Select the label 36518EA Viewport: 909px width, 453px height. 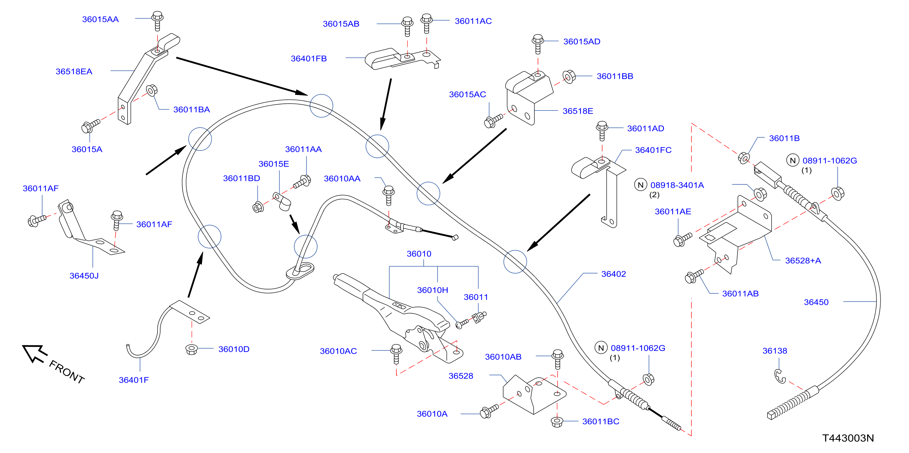[x=74, y=72]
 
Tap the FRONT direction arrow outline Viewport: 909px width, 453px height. [x=34, y=353]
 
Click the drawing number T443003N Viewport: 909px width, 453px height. [x=848, y=438]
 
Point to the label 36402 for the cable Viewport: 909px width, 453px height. [x=613, y=274]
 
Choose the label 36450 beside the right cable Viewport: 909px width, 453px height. [x=816, y=302]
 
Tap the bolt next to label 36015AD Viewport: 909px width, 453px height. [x=538, y=44]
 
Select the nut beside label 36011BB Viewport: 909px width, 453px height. [x=569, y=77]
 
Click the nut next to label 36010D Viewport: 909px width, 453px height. [x=191, y=350]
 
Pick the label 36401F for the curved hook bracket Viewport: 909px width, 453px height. [x=134, y=380]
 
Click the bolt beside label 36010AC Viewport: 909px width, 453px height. [x=396, y=354]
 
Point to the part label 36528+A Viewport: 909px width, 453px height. [x=803, y=261]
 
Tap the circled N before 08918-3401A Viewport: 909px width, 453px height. [x=640, y=185]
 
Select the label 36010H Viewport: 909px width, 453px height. [x=433, y=290]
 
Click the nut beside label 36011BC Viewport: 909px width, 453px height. [x=557, y=422]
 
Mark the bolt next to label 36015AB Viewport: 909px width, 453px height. [x=407, y=27]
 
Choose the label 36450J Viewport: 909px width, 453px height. [x=84, y=276]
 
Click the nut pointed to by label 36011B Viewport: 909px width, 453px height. [x=744, y=158]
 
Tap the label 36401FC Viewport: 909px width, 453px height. [x=653, y=150]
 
